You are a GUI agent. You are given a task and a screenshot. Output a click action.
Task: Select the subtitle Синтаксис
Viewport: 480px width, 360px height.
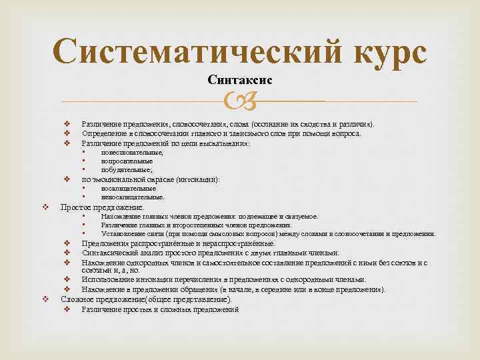click(x=239, y=81)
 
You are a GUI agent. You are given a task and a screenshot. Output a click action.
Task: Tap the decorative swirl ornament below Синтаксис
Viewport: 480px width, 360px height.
click(x=239, y=101)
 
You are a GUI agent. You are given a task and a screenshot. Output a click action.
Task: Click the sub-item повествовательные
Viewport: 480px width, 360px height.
click(x=131, y=153)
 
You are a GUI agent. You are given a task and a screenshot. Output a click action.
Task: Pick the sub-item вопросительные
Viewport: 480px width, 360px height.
click(x=127, y=161)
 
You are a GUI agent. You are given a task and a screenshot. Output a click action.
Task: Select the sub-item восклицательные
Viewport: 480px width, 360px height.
click(x=128, y=189)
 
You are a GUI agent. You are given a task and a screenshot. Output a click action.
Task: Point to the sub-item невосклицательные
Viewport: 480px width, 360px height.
click(x=132, y=197)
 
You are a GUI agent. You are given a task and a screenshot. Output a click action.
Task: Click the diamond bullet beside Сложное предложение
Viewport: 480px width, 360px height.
click(x=45, y=300)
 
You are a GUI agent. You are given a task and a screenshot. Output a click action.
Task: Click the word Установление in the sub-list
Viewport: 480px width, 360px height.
click(x=123, y=234)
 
